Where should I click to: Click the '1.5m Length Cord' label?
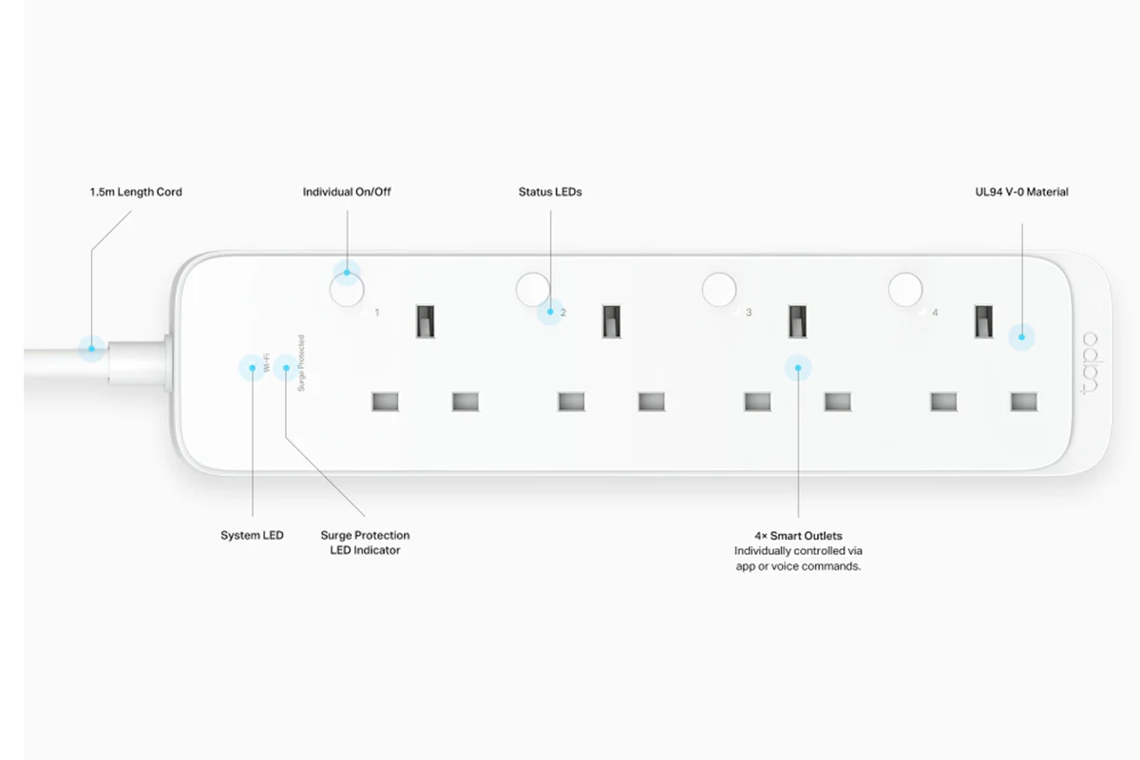pos(136,192)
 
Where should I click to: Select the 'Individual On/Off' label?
pos(347,192)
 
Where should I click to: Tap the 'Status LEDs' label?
pos(550,192)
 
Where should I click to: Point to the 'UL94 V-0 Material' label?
pos(1021,192)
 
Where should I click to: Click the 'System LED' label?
pos(252,535)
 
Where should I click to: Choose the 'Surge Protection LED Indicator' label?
pos(365,542)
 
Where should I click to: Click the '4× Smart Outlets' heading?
pos(798,536)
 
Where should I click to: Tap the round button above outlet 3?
pos(718,290)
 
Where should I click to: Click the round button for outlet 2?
pos(533,290)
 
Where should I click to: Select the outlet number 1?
pos(376,313)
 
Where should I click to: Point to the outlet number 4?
pos(935,313)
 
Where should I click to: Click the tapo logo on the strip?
pos(1090,364)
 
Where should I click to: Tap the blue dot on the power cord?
pos(91,349)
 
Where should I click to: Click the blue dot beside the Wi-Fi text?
pos(253,368)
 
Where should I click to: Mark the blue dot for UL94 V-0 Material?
pos(1021,337)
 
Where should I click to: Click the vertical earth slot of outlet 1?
pos(425,321)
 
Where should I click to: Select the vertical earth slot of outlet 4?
pos(983,321)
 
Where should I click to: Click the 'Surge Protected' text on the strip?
pos(301,363)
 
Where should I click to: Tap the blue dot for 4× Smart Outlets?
pos(798,368)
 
